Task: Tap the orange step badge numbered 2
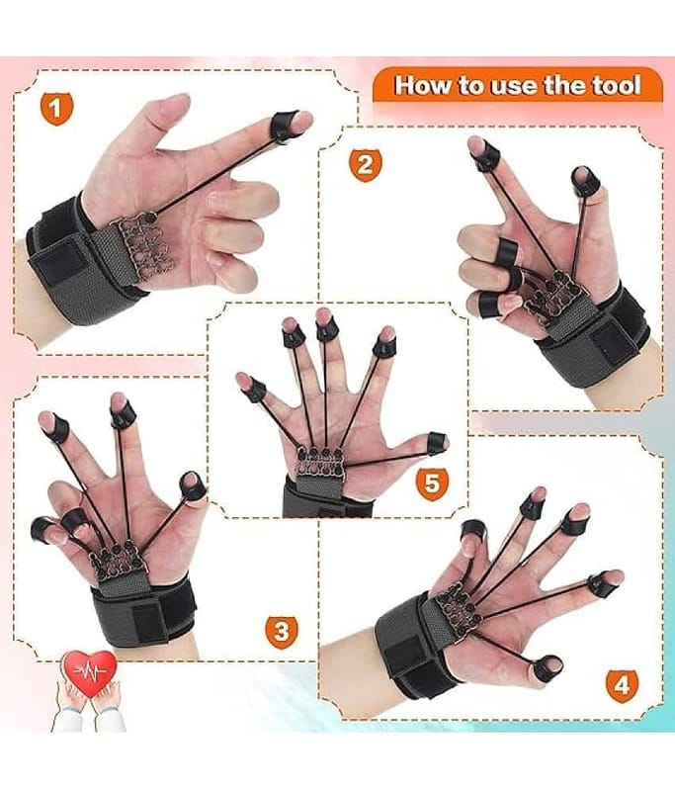point(366,165)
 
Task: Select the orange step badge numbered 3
point(282,632)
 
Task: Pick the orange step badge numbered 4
point(622,686)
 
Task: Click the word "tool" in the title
point(616,85)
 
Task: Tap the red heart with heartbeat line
point(89,673)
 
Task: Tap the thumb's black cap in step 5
point(437,442)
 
